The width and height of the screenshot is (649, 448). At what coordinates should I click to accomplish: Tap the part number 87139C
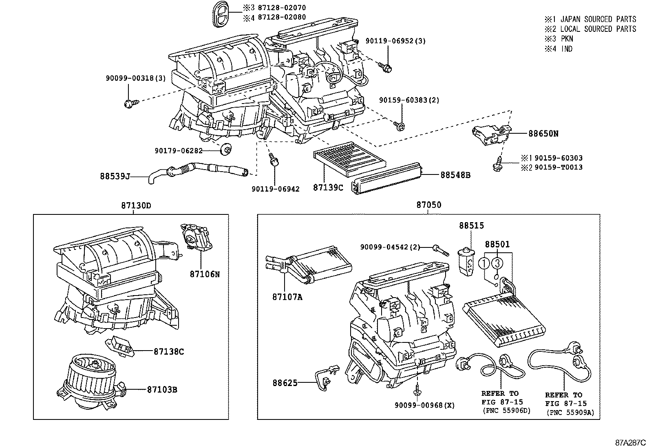(328, 188)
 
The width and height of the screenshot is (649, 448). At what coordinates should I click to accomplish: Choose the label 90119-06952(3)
(389, 41)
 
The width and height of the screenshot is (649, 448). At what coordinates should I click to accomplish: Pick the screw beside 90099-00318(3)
(130, 104)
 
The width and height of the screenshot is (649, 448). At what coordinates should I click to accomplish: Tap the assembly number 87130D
(136, 205)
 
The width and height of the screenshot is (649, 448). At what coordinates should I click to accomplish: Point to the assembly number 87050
(428, 205)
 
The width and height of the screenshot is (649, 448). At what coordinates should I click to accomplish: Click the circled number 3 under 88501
(497, 263)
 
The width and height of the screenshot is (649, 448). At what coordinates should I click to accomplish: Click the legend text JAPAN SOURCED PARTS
(598, 19)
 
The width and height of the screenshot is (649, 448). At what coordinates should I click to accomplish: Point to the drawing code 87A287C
(631, 442)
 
